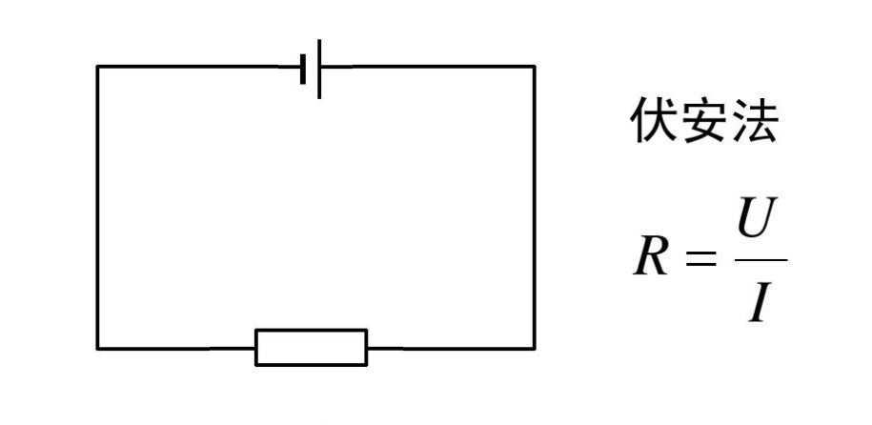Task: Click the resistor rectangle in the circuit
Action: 311,347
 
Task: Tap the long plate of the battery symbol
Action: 319,68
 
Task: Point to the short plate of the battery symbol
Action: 303,68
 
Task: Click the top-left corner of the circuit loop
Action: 97,67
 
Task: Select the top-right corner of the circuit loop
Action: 534,67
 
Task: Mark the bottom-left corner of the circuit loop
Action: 97,348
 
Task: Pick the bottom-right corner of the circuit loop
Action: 534,348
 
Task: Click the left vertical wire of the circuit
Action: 97,208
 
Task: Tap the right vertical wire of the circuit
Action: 534,208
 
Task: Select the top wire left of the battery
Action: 200,67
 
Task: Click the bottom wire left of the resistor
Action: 176,348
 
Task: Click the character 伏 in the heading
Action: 652,122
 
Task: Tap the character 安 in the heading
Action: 703,122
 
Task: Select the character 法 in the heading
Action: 754,122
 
